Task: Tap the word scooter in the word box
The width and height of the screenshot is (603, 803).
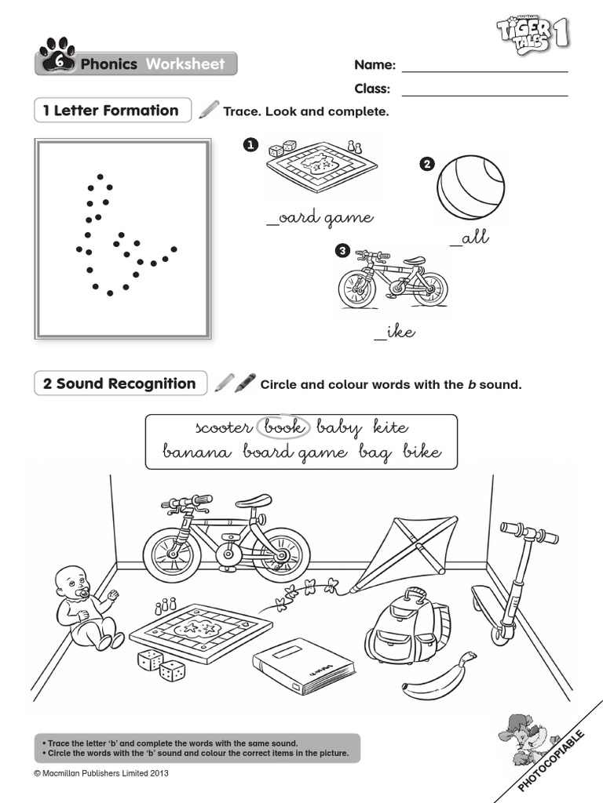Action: tap(224, 427)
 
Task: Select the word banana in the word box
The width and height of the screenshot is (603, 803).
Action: tap(198, 452)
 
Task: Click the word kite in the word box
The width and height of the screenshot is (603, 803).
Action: tap(390, 427)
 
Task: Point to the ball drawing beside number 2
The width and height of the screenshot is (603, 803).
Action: tap(471, 187)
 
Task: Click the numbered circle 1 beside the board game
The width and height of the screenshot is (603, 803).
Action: tap(250, 145)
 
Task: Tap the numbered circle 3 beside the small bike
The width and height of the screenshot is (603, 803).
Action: tap(342, 251)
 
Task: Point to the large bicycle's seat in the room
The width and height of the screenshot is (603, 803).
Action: tap(253, 501)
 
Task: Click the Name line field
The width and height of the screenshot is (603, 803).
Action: tap(484, 66)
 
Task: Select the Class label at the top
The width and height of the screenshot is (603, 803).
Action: tap(372, 89)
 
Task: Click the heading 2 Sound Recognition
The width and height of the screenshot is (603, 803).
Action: tap(120, 383)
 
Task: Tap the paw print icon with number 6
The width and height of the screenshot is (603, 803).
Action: tap(57, 57)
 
